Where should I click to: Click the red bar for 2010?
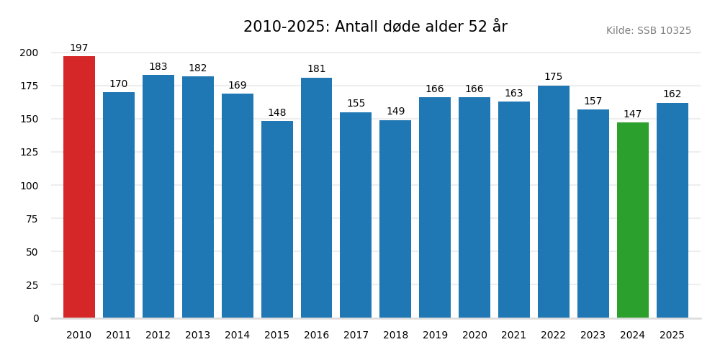coord(79,187)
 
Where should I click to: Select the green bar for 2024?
coord(633,220)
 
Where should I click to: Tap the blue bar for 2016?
coord(316,198)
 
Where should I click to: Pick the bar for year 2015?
coord(277,220)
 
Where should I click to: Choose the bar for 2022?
coord(554,202)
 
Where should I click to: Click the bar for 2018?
coord(395,219)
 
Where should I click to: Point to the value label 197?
coord(79,48)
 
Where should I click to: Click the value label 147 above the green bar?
coord(633,114)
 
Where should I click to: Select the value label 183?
coord(158,67)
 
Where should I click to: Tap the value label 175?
coord(554,77)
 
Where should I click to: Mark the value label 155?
coord(356,104)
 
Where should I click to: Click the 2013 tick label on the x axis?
coord(198,336)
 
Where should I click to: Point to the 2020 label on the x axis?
coord(474,336)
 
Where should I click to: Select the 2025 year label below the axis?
coord(672,336)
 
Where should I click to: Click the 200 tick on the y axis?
coord(30,53)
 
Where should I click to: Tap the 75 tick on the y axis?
coord(32,219)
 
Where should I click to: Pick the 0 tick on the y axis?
coord(36,318)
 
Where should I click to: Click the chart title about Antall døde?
coord(375,27)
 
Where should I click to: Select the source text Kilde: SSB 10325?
coord(648,31)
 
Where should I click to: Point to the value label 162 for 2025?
coord(672,94)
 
